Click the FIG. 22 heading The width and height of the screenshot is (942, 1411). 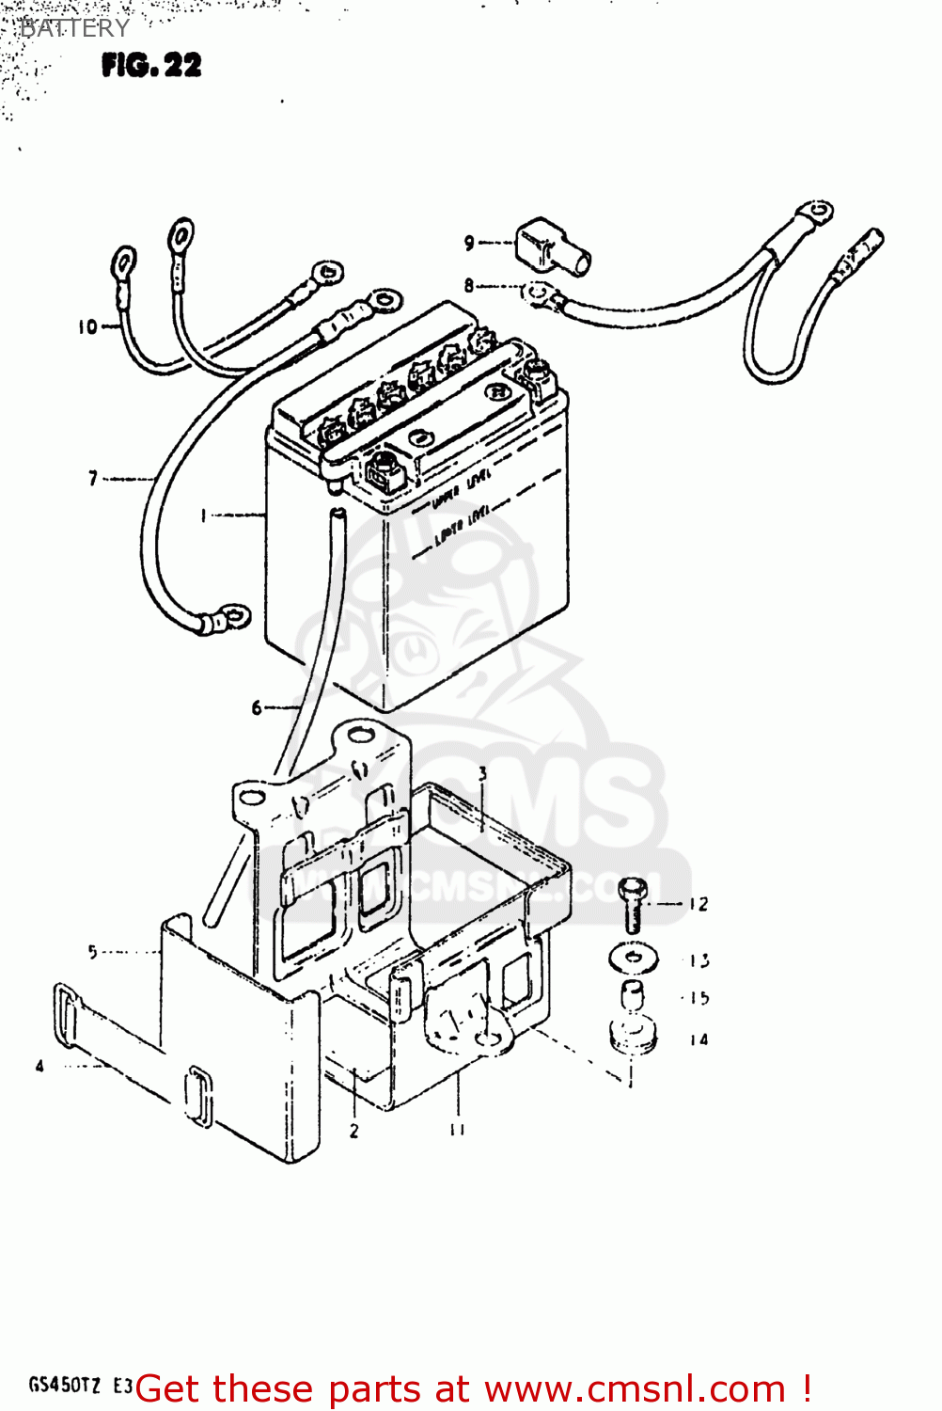(151, 65)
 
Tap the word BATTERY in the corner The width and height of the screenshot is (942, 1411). (73, 28)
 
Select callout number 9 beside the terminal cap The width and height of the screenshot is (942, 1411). (470, 243)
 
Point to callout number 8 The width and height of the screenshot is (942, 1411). (469, 285)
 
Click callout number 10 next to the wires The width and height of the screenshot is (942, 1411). (87, 327)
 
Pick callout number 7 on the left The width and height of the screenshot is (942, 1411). (92, 479)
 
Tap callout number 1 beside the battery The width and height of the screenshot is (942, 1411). (203, 515)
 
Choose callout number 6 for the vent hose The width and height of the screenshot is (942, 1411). (257, 707)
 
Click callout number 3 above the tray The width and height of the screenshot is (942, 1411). (482, 774)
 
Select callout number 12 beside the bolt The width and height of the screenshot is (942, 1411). (698, 904)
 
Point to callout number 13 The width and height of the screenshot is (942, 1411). (699, 960)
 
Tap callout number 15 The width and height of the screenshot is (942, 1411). (699, 998)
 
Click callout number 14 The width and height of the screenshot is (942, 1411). (699, 1039)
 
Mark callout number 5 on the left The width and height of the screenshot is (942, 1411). (92, 952)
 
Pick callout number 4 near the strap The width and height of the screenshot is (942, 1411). (39, 1066)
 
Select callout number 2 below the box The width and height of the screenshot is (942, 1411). (353, 1131)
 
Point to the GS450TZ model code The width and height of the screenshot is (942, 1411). (64, 1385)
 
